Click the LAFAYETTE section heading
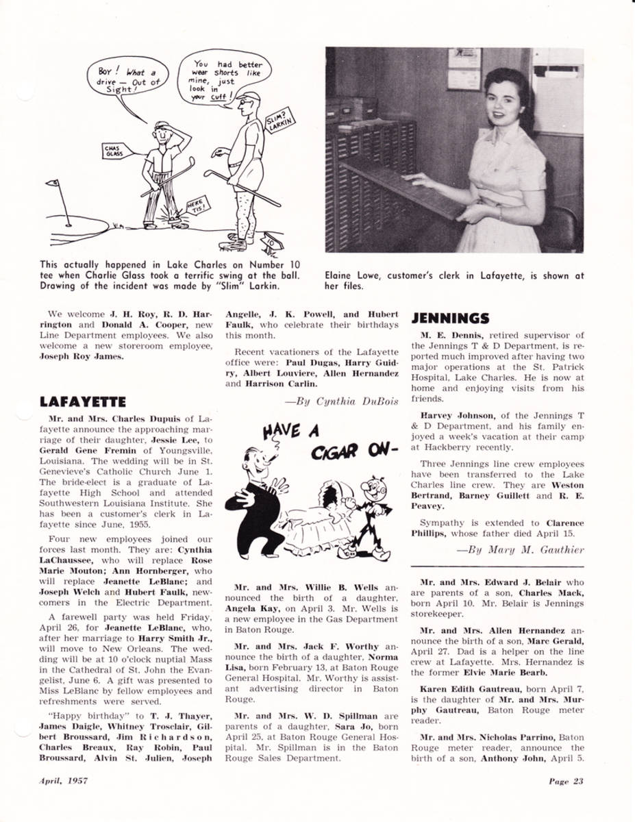tap(83, 401)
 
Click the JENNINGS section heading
tap(450, 319)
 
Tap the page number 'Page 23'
tap(565, 782)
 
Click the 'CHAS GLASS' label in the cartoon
tap(112, 151)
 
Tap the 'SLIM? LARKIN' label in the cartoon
tap(278, 121)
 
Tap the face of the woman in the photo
tap(506, 102)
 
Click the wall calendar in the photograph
tap(464, 68)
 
